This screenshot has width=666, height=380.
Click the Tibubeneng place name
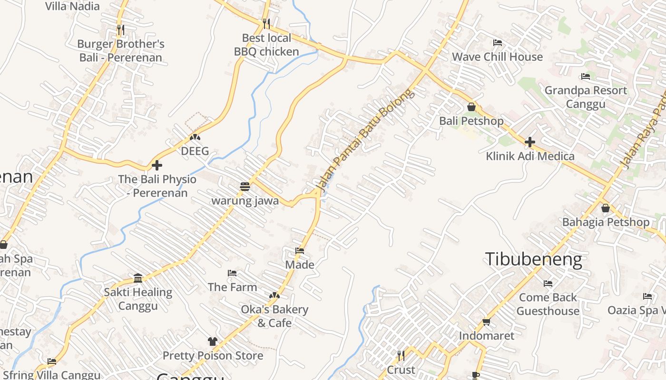533,260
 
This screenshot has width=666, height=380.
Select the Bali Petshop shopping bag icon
471,107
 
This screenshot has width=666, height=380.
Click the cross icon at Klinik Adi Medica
529,142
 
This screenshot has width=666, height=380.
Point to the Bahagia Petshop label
606,222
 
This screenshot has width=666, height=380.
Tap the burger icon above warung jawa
245,187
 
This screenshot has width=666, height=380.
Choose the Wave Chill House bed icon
497,43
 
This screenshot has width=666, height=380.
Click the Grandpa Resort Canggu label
586,97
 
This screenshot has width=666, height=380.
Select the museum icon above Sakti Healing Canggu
138,278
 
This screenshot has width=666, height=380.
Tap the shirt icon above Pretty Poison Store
212,342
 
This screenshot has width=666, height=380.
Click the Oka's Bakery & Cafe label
274,316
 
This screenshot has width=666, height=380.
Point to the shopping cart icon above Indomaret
486,322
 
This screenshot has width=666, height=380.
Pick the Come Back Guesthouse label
548,304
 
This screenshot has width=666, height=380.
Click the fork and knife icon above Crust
401,355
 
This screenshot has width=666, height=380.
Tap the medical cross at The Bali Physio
157,165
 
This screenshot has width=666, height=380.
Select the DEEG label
195,151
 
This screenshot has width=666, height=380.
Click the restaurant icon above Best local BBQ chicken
266,23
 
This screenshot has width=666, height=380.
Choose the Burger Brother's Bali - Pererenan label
121,51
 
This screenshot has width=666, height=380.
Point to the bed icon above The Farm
232,273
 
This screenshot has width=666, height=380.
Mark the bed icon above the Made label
300,251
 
